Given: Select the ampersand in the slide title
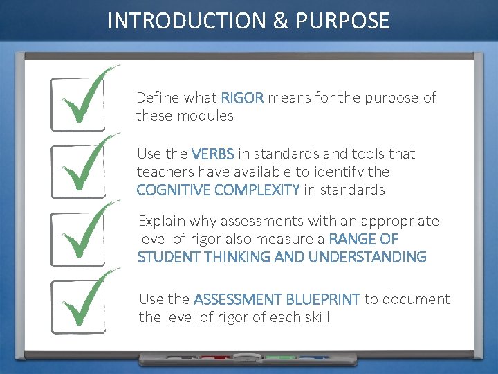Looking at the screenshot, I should coord(281,21).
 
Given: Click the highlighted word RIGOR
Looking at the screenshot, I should coord(242,98).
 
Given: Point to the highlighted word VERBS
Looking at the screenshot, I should coord(212,154).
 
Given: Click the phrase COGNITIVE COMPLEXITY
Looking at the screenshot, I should coord(218,190).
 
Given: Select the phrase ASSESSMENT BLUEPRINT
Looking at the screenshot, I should coord(277,300).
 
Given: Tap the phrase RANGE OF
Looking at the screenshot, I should coord(364,240).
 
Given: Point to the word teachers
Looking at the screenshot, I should coord(160,172).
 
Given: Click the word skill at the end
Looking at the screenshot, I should coord(315,318).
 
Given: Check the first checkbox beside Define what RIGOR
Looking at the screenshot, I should coord(77,104).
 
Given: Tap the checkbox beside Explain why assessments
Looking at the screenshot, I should coord(77,238).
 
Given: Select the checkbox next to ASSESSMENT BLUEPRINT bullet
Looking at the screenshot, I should coord(77,305).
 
